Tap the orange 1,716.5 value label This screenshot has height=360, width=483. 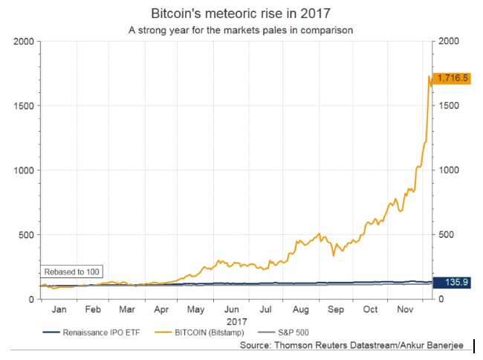pyautogui.click(x=452, y=77)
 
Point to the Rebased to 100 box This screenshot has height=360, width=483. pyautogui.click(x=71, y=271)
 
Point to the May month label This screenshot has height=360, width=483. pyautogui.click(x=195, y=308)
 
